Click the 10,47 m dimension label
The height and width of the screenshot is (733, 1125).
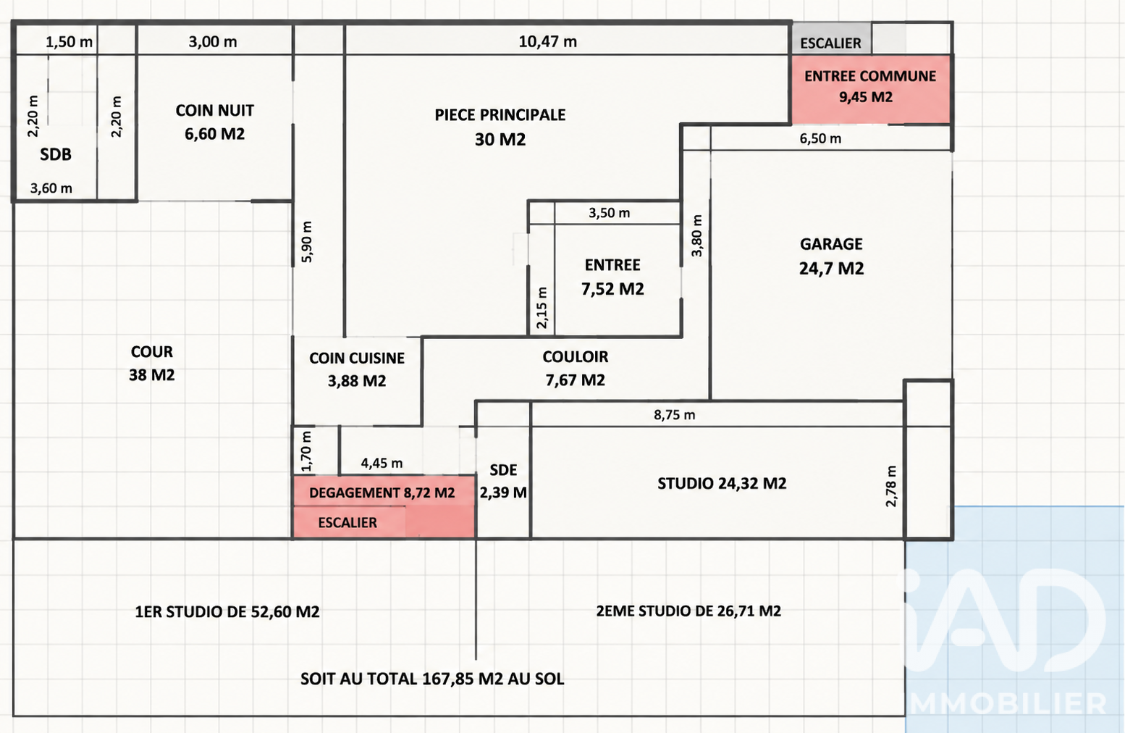pos(547,41)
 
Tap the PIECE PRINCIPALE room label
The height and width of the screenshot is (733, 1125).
pos(500,115)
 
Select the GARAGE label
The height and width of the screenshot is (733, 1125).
pos(831,244)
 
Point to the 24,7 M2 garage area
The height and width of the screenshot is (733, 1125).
pos(831,268)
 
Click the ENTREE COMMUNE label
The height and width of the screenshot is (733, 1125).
pos(870,76)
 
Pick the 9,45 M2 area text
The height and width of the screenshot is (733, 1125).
pos(866,97)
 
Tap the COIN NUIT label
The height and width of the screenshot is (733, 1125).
pos(214,111)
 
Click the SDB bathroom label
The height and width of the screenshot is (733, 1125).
pos(56,155)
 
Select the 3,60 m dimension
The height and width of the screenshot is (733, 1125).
pos(51,188)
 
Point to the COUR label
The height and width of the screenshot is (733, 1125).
pos(152,352)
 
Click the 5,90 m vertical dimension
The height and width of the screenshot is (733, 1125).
pos(307,242)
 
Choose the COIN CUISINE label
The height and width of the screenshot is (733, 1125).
pos(357,359)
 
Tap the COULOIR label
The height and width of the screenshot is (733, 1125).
pos(575,356)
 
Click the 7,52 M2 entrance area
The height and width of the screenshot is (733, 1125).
pos(612,289)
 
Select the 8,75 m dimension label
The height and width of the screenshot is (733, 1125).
pos(674,415)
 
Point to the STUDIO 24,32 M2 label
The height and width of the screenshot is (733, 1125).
pos(722,483)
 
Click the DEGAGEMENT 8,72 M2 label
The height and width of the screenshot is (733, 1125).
pos(382,493)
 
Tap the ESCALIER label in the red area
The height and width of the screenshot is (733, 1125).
pos(347,522)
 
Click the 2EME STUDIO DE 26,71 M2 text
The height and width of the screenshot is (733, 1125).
pos(688,611)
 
